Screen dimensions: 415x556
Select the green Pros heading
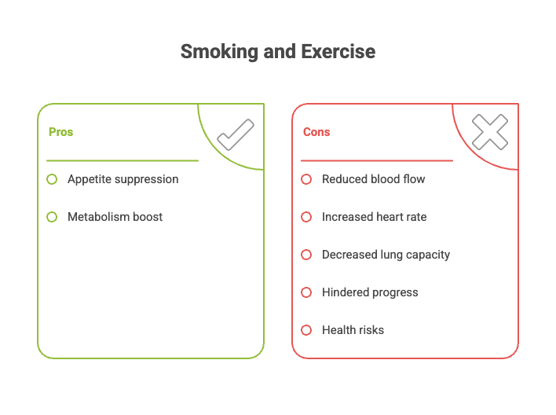(x=60, y=132)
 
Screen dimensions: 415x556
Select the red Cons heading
(x=316, y=132)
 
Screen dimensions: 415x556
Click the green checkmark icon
(x=235, y=134)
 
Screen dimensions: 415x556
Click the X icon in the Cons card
(x=490, y=132)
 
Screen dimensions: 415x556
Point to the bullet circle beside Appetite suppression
(x=52, y=179)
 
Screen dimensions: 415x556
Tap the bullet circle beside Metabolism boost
(x=52, y=217)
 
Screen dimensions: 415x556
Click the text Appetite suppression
(x=123, y=179)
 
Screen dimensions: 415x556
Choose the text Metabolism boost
(x=115, y=217)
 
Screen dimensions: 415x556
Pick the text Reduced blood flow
(x=373, y=179)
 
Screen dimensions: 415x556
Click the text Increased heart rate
(x=374, y=217)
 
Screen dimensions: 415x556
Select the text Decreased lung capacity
(x=386, y=255)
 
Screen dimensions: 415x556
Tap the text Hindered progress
(x=370, y=292)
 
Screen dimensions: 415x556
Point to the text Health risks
(x=353, y=330)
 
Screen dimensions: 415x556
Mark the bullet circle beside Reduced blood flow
(x=306, y=179)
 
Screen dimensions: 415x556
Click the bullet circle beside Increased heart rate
(x=306, y=217)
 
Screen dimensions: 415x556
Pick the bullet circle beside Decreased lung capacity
(x=306, y=255)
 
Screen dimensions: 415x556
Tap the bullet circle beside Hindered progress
(x=306, y=292)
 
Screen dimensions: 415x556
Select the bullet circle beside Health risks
(x=306, y=330)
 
